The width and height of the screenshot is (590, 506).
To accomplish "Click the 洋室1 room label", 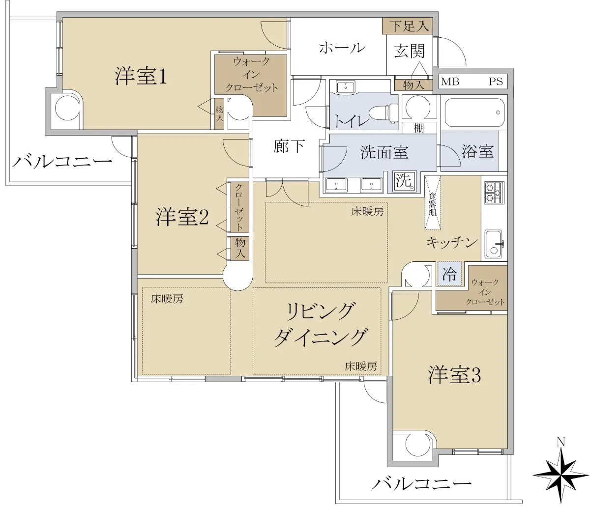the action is (x=141, y=76).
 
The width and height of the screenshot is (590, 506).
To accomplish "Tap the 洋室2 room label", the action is (x=182, y=217).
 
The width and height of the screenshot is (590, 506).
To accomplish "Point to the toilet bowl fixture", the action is (x=383, y=113).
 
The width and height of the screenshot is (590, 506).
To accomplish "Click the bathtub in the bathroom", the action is (x=473, y=112).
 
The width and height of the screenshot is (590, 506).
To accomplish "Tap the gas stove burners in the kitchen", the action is (x=495, y=193).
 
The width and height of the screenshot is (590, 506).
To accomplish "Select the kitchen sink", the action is (x=494, y=244).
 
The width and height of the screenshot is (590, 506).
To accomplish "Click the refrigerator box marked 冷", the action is (x=449, y=274).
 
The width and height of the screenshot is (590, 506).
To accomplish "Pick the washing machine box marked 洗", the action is (x=404, y=181).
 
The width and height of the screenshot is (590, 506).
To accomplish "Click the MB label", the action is (x=450, y=82).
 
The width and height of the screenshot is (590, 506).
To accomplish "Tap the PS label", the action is (x=496, y=82).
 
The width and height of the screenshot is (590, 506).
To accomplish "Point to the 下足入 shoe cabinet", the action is (x=407, y=26).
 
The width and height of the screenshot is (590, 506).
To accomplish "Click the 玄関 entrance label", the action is (x=410, y=51).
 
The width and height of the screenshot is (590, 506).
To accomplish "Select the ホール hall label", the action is (x=342, y=48).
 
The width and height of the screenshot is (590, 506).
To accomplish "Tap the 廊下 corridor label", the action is (x=289, y=146).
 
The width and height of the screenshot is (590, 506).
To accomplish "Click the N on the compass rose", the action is (x=561, y=442).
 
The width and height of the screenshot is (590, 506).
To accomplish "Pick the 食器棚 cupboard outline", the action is (x=433, y=203).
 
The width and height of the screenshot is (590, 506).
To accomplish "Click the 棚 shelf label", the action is (x=419, y=128).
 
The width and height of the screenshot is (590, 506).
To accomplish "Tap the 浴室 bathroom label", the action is (x=477, y=151).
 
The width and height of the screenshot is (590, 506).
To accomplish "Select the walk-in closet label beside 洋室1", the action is (x=251, y=75).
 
